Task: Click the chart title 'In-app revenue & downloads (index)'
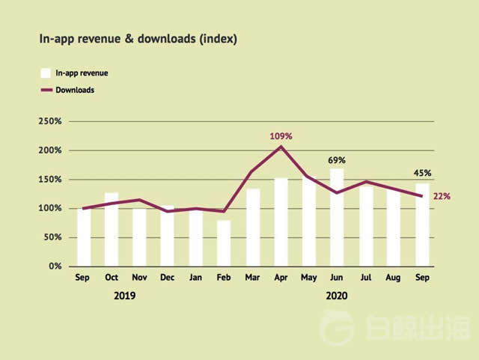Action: tap(138, 39)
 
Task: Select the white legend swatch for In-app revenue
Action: tap(45, 73)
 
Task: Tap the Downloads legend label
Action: tap(75, 90)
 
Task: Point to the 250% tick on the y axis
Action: tap(51, 121)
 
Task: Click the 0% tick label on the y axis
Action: tap(55, 266)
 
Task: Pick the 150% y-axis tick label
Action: tap(51, 180)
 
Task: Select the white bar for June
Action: tap(337, 217)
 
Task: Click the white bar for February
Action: tap(224, 243)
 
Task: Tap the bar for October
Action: tap(112, 229)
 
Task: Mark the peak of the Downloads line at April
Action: tap(281, 147)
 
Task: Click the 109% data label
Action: tap(281, 136)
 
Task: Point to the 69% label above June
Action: tap(337, 160)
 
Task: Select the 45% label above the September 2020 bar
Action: tap(422, 174)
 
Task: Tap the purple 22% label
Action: tap(442, 196)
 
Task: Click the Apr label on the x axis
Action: tap(281, 278)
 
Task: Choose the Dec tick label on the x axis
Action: tap(168, 278)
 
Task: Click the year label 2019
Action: tap(125, 296)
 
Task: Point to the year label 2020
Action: tap(337, 296)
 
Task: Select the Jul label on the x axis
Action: tap(366, 278)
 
